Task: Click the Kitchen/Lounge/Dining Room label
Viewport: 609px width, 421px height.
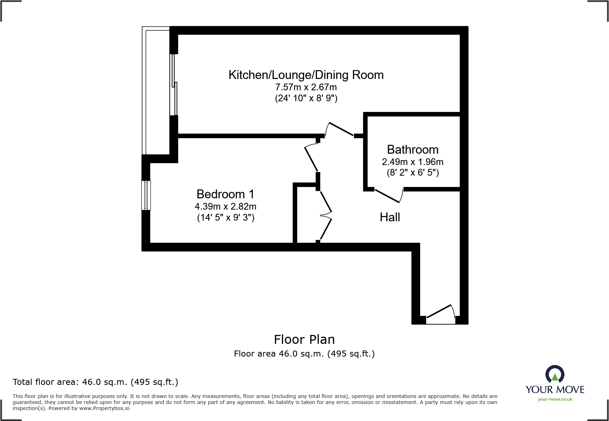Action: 306,75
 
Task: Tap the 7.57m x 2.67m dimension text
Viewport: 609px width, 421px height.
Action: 306,87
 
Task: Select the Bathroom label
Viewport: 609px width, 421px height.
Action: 412,149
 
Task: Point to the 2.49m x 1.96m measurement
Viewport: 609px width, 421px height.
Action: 412,162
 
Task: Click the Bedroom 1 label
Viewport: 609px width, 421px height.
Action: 225,194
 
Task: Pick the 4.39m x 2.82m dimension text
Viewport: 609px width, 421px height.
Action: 225,206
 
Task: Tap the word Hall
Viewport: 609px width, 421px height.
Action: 390,217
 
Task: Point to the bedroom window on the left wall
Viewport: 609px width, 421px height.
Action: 146,195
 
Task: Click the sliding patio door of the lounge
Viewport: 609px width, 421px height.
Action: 174,85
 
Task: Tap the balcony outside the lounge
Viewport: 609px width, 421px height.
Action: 156,91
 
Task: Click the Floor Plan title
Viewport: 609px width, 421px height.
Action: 304,340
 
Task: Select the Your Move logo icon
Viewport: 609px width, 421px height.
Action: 555,374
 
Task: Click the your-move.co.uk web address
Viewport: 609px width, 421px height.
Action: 555,399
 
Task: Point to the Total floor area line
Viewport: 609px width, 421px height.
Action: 95,382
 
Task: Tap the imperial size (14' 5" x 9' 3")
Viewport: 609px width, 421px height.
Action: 226,217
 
